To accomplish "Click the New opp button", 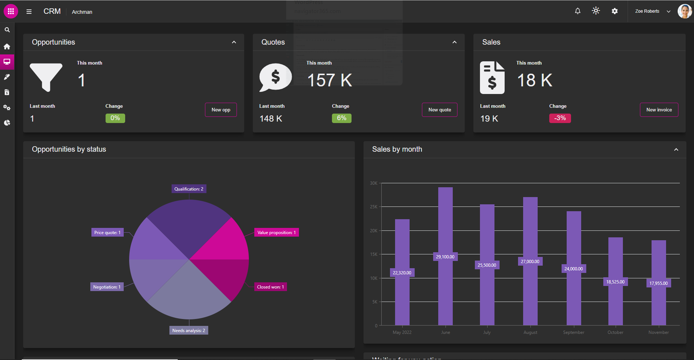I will point(221,110).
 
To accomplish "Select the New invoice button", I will point(659,110).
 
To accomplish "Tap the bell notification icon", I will point(578,11).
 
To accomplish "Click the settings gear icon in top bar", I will point(615,11).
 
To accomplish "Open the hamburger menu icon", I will point(29,12).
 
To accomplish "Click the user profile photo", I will point(685,11).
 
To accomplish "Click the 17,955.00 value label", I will point(658,283).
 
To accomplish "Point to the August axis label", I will point(530,332).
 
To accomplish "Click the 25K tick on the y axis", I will point(374,207).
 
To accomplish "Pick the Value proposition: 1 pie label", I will point(276,233).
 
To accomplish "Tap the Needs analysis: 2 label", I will point(189,331).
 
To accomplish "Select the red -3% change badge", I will point(560,118).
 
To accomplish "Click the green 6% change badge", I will point(341,118).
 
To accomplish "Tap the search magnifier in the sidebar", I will point(7,30).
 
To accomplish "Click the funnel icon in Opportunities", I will point(46,76).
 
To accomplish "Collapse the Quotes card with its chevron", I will point(454,42).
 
